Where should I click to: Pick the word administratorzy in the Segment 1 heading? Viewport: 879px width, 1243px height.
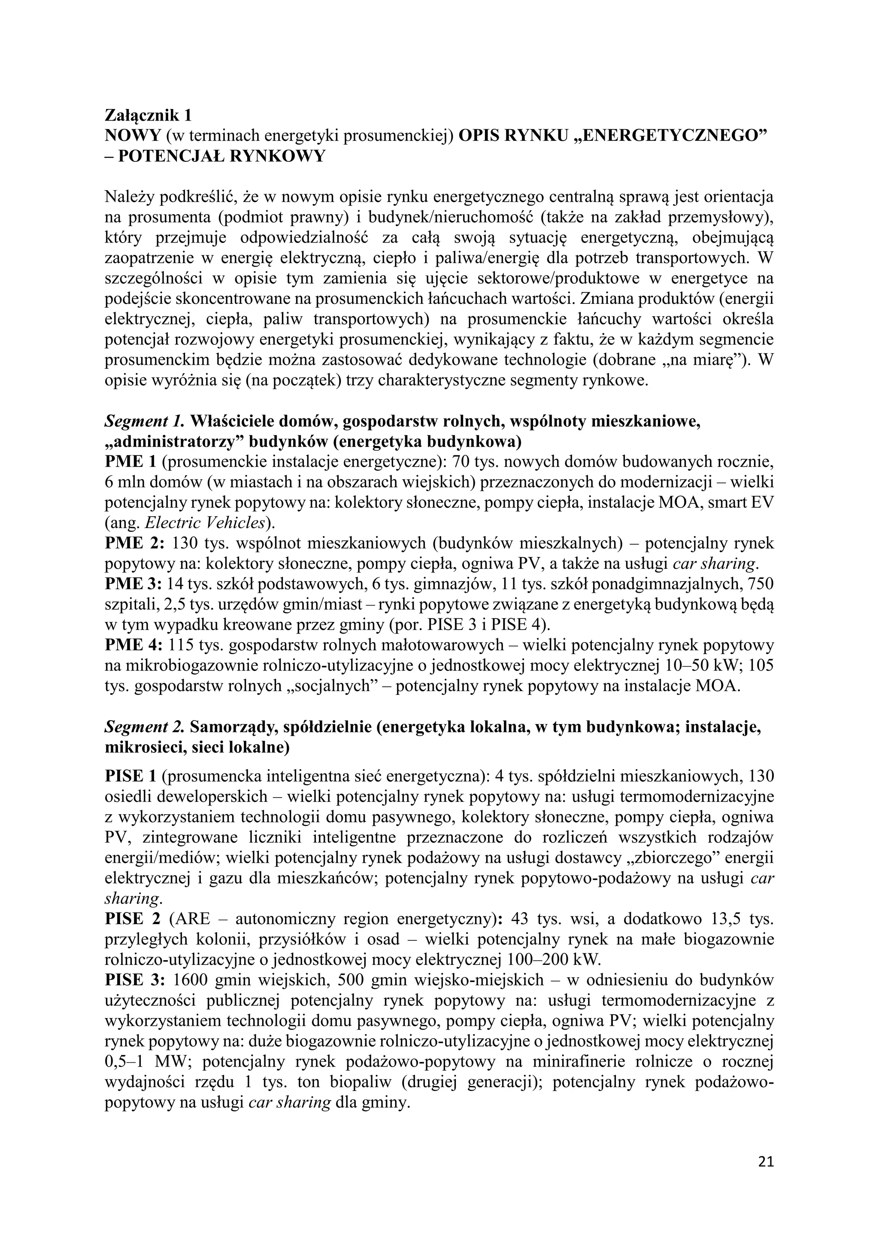coord(175,442)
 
